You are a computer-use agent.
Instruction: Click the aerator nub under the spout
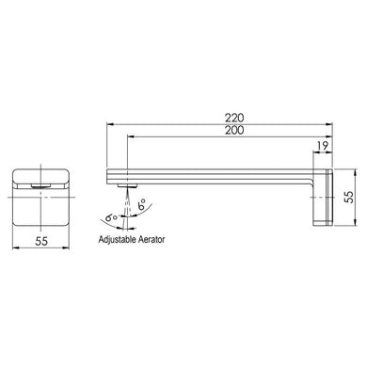tap(121, 186)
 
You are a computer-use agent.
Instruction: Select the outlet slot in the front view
tap(39, 186)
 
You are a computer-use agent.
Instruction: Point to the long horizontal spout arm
tap(216, 175)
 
